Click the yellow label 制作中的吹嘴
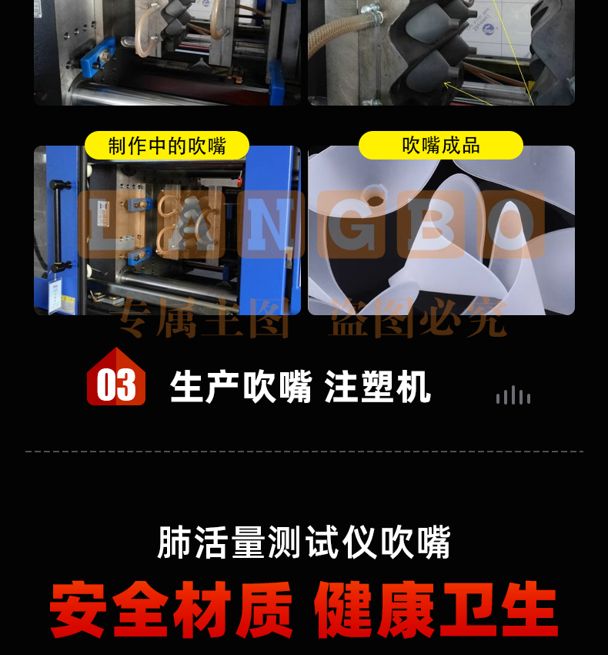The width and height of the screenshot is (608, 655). pyautogui.click(x=167, y=146)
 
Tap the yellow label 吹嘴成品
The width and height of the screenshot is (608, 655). pyautogui.click(x=441, y=146)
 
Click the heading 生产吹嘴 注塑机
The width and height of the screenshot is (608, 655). pyautogui.click(x=300, y=386)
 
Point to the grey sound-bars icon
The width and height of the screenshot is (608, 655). pyautogui.click(x=513, y=395)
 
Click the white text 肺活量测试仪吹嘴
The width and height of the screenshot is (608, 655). pyautogui.click(x=304, y=542)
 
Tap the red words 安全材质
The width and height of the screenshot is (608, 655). pyautogui.click(x=171, y=609)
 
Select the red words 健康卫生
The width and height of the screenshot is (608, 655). pyautogui.click(x=436, y=609)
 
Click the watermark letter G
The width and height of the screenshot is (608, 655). pyautogui.click(x=351, y=224)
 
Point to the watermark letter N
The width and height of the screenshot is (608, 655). pyautogui.click(x=270, y=224)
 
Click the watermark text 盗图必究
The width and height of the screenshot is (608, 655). pyautogui.click(x=418, y=317)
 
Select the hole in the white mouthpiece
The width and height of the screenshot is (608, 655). pyautogui.click(x=376, y=200)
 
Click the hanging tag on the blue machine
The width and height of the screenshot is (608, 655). pyautogui.click(x=55, y=294)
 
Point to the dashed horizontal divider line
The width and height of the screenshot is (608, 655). pyautogui.click(x=304, y=452)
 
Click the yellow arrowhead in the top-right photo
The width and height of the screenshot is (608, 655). pyautogui.click(x=446, y=85)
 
